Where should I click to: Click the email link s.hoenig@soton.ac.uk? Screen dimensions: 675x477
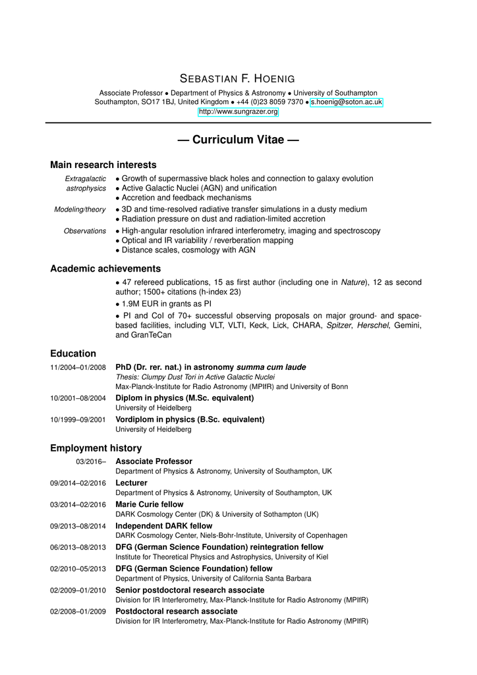pos(346,103)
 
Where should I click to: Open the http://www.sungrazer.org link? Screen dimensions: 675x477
pos(238,113)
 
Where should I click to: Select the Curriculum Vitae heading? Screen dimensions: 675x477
pos(238,140)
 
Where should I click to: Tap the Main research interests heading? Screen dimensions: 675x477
pos(103,165)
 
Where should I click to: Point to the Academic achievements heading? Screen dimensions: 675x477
pos(105,268)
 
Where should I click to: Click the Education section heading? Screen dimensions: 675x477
pos(73,353)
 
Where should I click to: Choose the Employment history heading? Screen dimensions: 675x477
pos(96,448)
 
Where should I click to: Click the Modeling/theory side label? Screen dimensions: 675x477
pos(80,210)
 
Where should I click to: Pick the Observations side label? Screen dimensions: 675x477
pos(84,231)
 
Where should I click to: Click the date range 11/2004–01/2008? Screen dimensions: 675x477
pos(78,367)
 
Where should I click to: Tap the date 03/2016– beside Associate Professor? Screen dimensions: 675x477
pos(91,461)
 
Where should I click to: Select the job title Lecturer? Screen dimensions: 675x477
pos(132,483)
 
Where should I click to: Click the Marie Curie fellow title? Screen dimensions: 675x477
pos(150,504)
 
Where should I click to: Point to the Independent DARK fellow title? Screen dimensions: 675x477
pos(164,526)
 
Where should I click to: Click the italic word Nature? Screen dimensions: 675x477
pos(352,282)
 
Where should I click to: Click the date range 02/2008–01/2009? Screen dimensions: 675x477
pos(78,612)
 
